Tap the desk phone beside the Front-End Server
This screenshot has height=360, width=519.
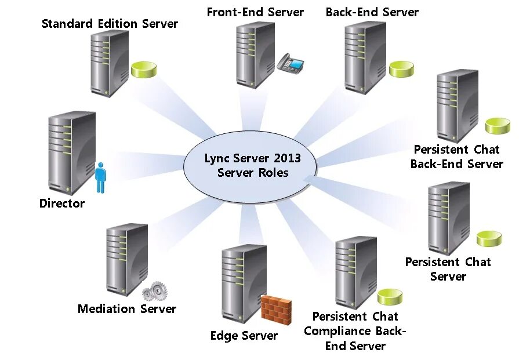coord(291,62)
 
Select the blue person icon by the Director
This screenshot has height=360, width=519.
coord(101,177)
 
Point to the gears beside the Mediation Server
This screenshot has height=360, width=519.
coord(154,291)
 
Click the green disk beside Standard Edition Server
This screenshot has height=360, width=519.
coord(144,70)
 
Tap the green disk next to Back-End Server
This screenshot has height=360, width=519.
coord(401,70)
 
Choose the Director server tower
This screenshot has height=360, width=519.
coord(72,153)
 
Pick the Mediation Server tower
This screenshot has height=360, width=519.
coord(127,259)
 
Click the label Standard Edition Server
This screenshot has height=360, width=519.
coord(110,24)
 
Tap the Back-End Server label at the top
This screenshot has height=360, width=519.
coord(372,12)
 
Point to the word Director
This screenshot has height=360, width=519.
coord(62,203)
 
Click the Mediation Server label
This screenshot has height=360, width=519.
coord(127,309)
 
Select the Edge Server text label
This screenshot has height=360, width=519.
coord(244,336)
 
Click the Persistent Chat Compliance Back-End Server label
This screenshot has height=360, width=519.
coord(355,331)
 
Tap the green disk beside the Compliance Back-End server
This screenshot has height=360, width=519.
coord(390,297)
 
